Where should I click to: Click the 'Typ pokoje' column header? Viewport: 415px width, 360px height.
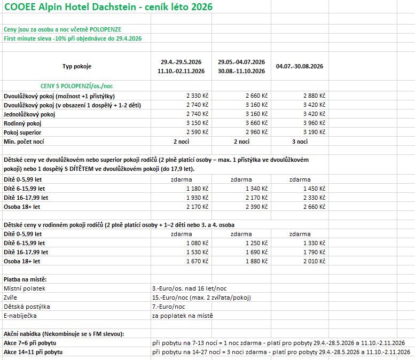coord(77,67)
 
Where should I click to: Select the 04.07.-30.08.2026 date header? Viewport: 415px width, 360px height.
coord(300,66)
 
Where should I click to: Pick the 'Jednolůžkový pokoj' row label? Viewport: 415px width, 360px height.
coord(29,114)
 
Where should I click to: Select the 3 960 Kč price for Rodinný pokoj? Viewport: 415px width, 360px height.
coord(314,123)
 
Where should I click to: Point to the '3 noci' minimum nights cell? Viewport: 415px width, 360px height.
coord(300,142)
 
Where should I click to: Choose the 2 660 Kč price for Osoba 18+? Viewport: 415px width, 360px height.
coord(314,207)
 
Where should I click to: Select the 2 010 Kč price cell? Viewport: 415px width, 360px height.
coord(314,261)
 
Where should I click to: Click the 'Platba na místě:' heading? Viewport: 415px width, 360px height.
coord(26,279)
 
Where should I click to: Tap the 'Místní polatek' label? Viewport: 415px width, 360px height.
coord(25,288)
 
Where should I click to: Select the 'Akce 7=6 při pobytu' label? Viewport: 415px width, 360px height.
coord(30,343)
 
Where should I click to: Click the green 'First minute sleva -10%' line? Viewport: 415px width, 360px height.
coord(73,38)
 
